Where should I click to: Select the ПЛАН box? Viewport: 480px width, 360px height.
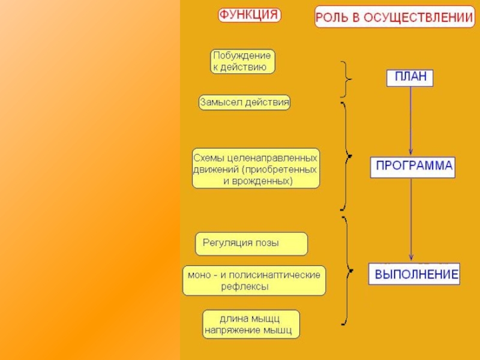click(410, 77)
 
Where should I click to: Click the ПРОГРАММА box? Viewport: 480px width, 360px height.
click(412, 166)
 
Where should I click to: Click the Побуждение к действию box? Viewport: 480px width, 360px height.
click(242, 61)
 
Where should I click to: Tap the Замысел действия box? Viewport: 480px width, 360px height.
click(244, 103)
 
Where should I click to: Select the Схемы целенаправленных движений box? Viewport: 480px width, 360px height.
click(256, 169)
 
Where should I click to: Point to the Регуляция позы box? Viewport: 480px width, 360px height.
click(251, 244)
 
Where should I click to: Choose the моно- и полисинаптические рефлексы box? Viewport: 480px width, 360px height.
click(254, 281)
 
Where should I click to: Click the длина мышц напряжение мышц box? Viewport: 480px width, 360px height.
click(250, 324)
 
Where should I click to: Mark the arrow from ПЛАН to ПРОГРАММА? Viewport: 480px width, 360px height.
click(410, 120)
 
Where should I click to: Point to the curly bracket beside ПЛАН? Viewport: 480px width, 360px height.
click(346, 79)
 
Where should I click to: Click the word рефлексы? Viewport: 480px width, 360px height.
click(245, 287)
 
